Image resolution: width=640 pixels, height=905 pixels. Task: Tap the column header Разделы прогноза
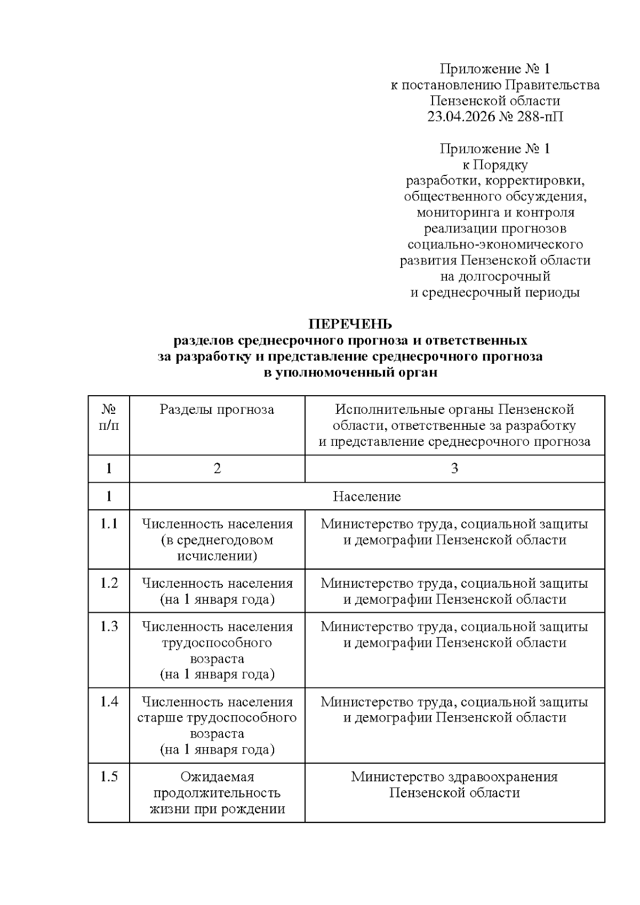[217, 410]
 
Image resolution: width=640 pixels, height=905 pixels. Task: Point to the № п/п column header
[109, 418]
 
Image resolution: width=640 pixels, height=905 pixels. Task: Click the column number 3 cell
[454, 469]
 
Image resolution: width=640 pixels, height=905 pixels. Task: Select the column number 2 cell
[217, 469]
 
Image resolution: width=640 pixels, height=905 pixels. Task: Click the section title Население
[366, 496]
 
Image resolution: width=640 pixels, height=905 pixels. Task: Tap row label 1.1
[109, 524]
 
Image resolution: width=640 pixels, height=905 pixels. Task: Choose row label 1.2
[109, 583]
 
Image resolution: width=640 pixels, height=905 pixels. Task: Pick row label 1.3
[109, 626]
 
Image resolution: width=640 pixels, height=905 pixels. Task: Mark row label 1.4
[109, 701]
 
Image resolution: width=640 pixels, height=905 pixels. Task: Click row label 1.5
[109, 776]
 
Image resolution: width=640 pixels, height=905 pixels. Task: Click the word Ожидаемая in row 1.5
[217, 776]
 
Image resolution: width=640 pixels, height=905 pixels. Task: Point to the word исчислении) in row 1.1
[217, 556]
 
